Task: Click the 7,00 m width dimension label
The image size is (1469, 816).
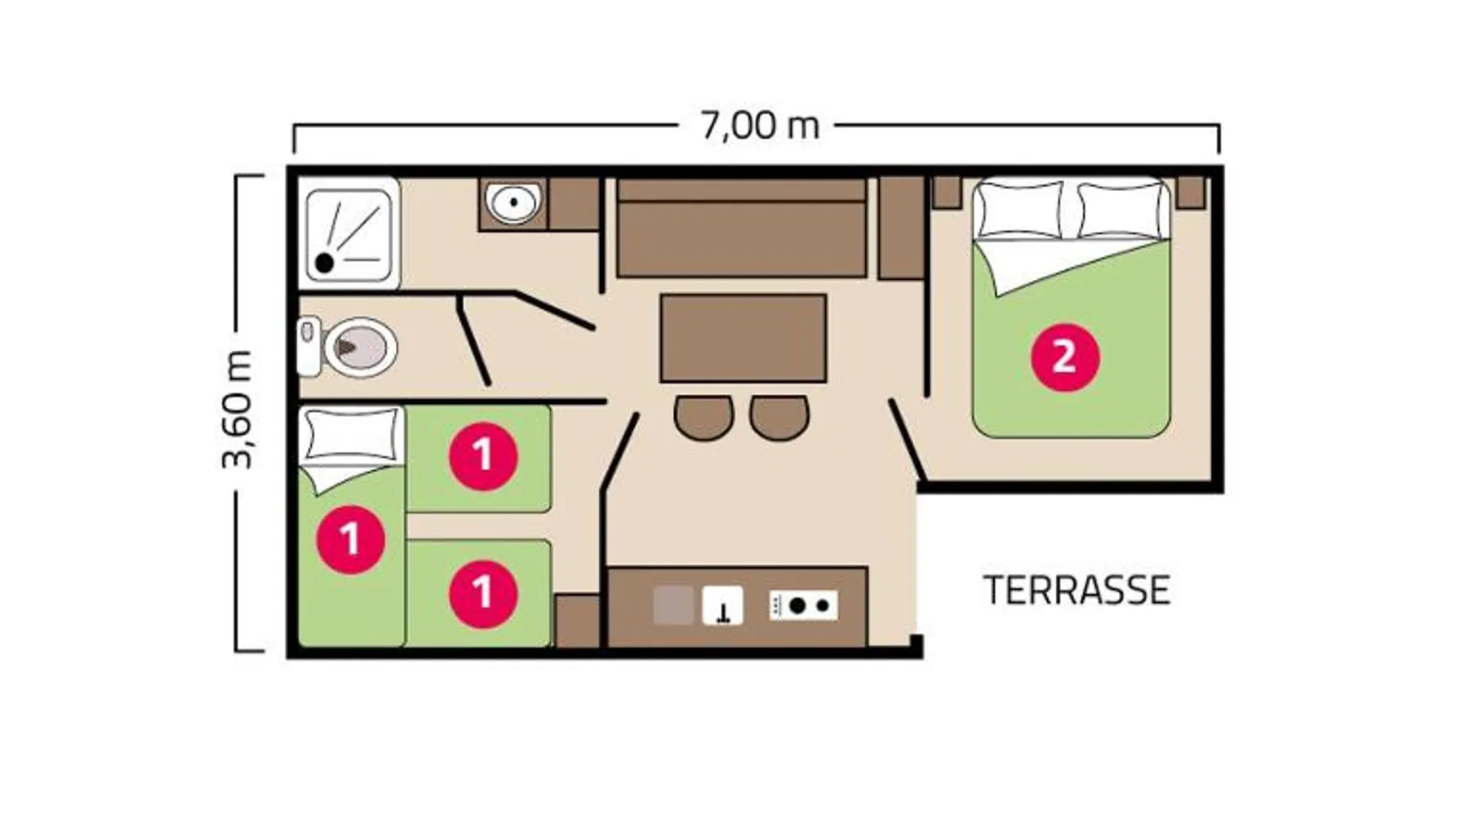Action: tap(760, 126)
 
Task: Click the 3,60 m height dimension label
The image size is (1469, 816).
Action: tap(237, 409)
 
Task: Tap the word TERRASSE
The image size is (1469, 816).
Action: tap(1076, 590)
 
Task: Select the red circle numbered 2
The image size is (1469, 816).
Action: tap(1065, 357)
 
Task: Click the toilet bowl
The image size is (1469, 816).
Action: tap(360, 348)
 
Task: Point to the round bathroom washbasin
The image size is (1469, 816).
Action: tap(513, 202)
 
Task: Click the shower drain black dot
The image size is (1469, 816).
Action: tap(324, 263)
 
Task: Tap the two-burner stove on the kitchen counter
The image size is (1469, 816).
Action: tap(803, 605)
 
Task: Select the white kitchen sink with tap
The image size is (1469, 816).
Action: tap(723, 605)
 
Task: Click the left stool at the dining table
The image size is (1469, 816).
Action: tap(703, 417)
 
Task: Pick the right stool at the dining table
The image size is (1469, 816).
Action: tap(779, 417)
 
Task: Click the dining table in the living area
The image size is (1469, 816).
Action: tap(743, 338)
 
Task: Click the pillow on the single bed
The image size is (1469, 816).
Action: tap(351, 435)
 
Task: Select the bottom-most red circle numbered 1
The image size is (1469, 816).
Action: tap(483, 593)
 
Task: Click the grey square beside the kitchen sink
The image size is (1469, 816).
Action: tap(673, 605)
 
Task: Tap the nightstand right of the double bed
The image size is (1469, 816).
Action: tap(1191, 192)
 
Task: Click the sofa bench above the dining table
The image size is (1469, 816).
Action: tap(741, 228)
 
